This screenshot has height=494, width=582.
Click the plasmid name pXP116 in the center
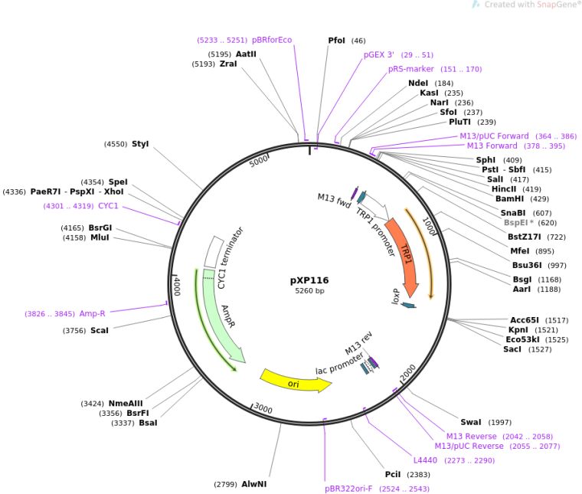pyautogui.click(x=309, y=280)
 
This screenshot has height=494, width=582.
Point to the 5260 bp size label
pyautogui.click(x=309, y=291)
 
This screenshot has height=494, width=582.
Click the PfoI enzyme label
pyautogui.click(x=336, y=41)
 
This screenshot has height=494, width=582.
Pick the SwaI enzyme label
pyautogui.click(x=471, y=422)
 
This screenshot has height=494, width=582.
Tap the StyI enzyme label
pyautogui.click(x=140, y=143)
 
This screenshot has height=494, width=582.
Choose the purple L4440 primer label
pyautogui.click(x=425, y=460)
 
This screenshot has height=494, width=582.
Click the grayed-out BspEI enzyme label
pyautogui.click(x=517, y=223)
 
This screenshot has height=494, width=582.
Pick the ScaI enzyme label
pyautogui.click(x=100, y=330)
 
